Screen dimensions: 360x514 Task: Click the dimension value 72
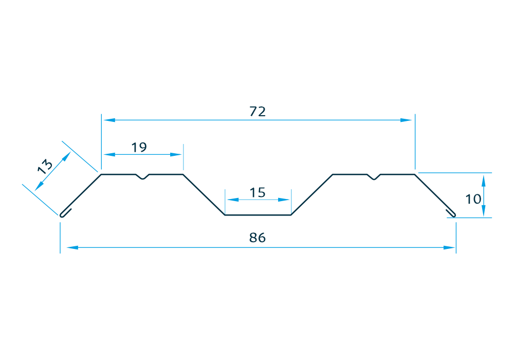[258, 112]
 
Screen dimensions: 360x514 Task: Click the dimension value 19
[139, 148]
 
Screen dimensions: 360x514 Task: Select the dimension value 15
[258, 192]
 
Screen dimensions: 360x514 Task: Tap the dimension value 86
[258, 238]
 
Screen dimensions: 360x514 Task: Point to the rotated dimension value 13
[45, 166]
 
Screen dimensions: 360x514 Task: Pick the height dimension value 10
[473, 199]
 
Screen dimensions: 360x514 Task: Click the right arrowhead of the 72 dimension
[408, 120]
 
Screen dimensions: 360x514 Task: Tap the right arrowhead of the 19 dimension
[177, 154]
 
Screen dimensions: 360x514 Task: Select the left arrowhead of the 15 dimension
[231, 200]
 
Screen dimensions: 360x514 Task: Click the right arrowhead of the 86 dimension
[450, 248]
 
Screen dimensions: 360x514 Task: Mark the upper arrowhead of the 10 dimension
[483, 179]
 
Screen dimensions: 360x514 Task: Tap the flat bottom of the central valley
[258, 215]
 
